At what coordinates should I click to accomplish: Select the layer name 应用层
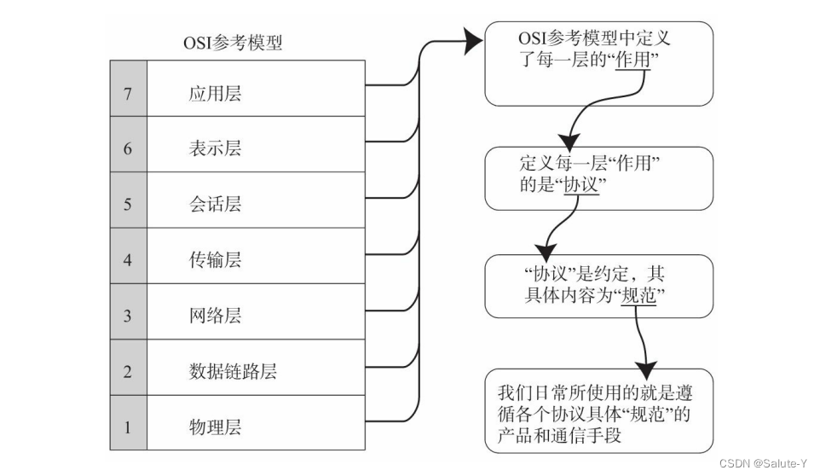(x=215, y=93)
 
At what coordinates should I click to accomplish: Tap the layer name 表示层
(x=215, y=148)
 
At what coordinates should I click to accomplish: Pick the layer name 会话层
(x=215, y=204)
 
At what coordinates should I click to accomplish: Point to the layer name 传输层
(x=215, y=259)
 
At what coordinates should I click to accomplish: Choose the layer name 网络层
(x=215, y=316)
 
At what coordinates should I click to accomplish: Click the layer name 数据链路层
(x=233, y=371)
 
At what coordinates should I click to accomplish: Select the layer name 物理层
(x=215, y=427)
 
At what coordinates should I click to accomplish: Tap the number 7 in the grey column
(x=128, y=93)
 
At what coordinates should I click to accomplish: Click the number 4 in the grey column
(x=128, y=259)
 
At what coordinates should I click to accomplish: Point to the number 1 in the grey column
(x=128, y=427)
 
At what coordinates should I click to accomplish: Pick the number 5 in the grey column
(x=128, y=204)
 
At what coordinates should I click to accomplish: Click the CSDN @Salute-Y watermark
(x=763, y=463)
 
